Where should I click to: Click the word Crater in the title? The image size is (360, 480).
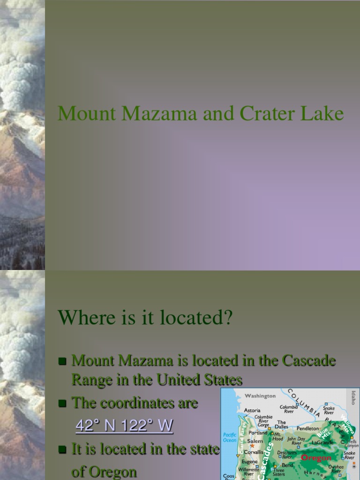(267, 114)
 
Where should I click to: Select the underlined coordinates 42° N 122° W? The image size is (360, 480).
(124, 426)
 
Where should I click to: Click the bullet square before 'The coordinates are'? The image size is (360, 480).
(62, 403)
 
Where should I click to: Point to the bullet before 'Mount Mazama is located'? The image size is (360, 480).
(62, 361)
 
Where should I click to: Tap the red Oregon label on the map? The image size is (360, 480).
(316, 457)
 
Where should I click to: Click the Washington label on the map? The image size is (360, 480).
(260, 396)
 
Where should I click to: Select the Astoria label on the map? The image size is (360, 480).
(252, 410)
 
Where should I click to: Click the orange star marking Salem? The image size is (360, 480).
(252, 446)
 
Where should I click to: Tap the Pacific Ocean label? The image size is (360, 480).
(230, 437)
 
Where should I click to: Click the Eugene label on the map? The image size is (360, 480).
(250, 461)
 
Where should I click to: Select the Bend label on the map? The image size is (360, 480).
(287, 465)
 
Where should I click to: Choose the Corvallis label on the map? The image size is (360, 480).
(253, 453)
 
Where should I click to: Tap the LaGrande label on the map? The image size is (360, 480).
(322, 442)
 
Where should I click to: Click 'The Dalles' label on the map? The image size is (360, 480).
(281, 425)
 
